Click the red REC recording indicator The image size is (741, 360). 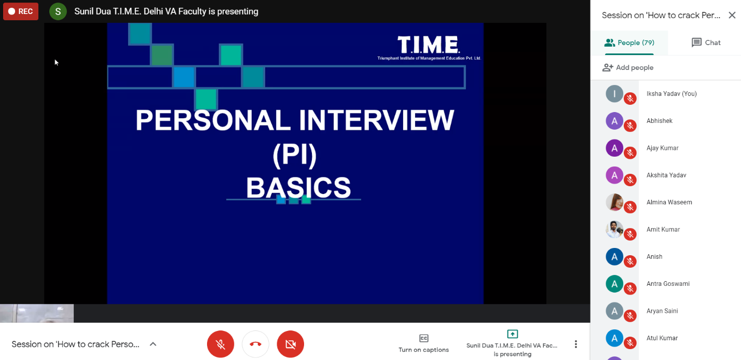(21, 11)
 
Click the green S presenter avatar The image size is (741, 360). (58, 11)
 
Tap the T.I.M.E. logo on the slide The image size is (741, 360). (429, 46)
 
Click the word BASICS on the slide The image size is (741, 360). (298, 188)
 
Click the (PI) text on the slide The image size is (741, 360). (295, 155)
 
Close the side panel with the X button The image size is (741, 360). (732, 16)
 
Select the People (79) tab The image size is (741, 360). (629, 43)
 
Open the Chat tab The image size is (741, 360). (706, 43)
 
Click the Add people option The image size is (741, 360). (628, 67)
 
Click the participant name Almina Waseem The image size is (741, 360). (669, 202)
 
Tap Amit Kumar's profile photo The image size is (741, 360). (614, 229)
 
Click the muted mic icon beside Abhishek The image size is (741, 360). (630, 126)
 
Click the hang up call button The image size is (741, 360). (255, 344)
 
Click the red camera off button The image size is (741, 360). (291, 344)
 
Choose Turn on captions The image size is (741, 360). (423, 343)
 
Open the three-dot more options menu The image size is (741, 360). (575, 344)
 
